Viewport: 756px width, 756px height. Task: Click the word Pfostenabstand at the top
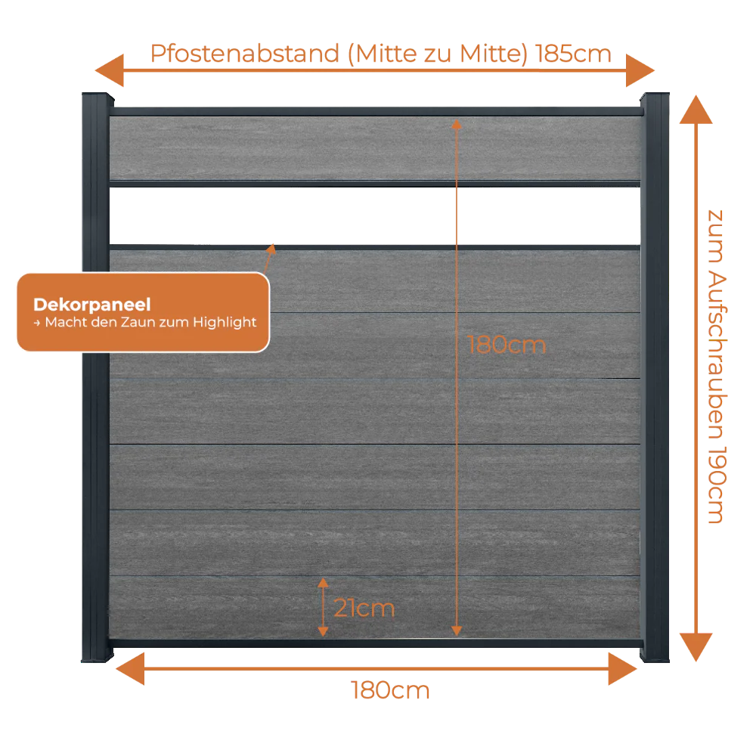point(245,54)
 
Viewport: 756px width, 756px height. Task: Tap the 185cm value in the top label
point(573,54)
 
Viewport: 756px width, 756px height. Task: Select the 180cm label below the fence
point(390,690)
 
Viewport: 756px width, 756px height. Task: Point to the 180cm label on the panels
point(507,345)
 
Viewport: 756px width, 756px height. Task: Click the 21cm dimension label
point(364,608)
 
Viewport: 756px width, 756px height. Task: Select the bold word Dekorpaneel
point(92,305)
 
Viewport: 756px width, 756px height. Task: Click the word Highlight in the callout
point(225,322)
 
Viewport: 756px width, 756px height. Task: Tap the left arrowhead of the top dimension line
point(110,70)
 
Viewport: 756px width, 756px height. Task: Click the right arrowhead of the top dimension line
point(640,70)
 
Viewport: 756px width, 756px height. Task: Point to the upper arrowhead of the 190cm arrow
point(696,110)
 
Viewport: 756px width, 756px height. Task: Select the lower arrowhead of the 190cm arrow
point(696,647)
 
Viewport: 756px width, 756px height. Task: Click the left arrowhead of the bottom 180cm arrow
point(130,669)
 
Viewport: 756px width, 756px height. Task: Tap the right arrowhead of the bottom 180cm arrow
point(623,669)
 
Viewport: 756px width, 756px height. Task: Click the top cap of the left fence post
point(98,98)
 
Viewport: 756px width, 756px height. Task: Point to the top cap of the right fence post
point(654,98)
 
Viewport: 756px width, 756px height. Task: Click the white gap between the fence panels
point(375,215)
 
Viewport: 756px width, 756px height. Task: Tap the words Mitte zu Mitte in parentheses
point(438,54)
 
